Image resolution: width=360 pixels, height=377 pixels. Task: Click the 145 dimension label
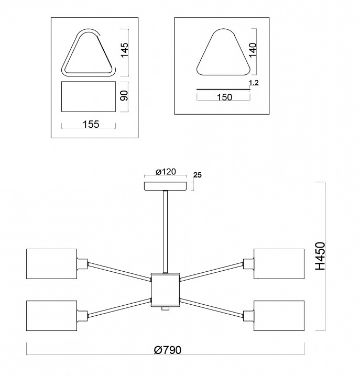[x=125, y=50]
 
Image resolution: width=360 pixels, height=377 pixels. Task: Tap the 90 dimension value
[x=125, y=96]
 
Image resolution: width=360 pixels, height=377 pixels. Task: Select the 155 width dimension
[x=91, y=124]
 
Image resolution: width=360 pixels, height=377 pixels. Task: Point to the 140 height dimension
[x=253, y=50]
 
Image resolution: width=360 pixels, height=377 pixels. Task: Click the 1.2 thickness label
[x=254, y=83]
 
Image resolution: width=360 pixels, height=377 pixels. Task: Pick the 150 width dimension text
[x=224, y=97]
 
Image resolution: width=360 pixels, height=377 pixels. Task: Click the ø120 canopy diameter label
[x=166, y=172]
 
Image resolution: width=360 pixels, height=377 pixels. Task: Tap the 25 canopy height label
[x=198, y=175]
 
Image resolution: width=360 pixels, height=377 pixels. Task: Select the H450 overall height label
[x=320, y=256]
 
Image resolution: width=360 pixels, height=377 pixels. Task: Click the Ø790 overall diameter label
[x=167, y=350]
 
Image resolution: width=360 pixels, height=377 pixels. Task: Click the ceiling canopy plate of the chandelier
[x=165, y=186]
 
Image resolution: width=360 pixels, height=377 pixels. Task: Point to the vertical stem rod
[x=165, y=232]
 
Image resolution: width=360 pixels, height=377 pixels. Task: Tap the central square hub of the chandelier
[x=165, y=290]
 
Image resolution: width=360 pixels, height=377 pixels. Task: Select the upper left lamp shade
[x=51, y=264]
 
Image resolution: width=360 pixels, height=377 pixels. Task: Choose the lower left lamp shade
[x=51, y=315]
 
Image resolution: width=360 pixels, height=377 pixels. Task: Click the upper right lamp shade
[x=279, y=264]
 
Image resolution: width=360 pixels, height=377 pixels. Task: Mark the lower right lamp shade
[x=279, y=315]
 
